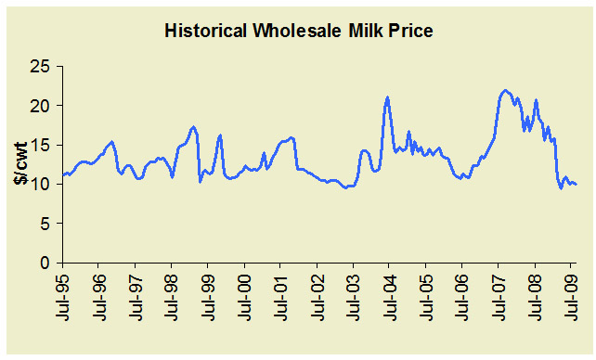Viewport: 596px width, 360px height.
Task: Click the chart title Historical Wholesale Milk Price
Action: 299,31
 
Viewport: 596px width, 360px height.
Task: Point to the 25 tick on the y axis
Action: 41,67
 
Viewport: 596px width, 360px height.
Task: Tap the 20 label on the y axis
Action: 41,106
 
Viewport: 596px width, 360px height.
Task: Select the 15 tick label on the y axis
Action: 41,146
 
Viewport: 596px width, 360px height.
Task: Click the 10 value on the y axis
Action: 41,185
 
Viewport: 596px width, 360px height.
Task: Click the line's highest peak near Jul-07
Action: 505,91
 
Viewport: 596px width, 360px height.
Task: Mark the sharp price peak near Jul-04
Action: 387,97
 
